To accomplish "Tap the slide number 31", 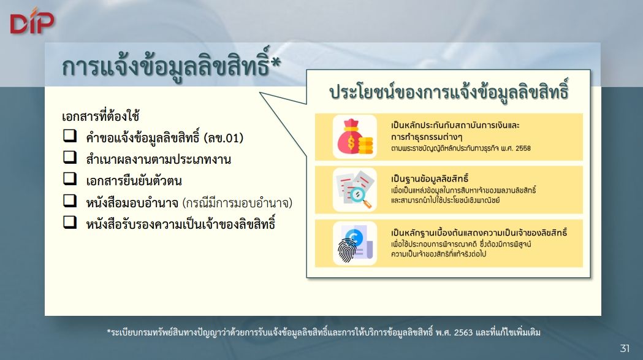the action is point(625,348).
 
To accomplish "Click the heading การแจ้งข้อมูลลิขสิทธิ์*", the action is point(172,66).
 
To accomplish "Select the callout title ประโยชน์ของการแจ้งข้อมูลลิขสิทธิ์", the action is point(449,91).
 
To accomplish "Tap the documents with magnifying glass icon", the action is point(355,190).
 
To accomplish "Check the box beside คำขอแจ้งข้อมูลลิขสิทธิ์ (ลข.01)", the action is point(70,136).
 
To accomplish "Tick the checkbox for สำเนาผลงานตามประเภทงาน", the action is point(70,157).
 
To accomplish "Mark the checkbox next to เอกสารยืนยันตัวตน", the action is point(70,178).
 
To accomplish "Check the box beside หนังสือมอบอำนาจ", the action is point(70,201).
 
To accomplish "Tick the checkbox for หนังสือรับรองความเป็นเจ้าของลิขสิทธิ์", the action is point(70,222).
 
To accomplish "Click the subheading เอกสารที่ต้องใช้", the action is point(101,116).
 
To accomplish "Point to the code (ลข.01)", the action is point(224,138).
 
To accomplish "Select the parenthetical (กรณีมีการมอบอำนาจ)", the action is point(237,203).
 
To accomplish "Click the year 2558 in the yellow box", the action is point(523,148).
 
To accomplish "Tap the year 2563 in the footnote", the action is point(463,332).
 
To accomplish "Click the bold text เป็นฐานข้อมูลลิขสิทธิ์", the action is point(430,178).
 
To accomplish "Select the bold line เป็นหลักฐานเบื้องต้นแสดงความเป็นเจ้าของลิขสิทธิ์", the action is point(479,232).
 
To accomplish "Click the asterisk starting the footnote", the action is point(109,331).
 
